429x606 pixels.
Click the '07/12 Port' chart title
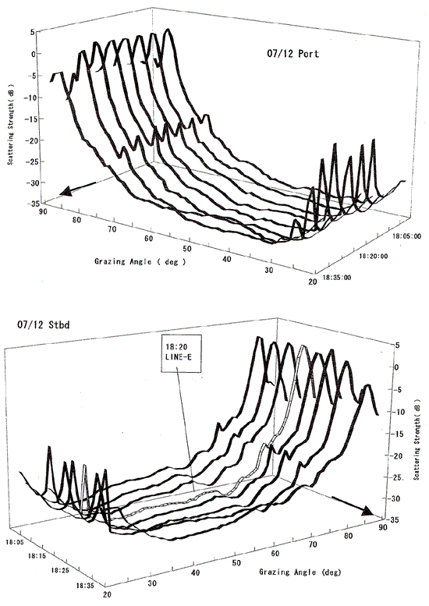pos(293,53)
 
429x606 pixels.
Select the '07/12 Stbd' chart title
pos(43,324)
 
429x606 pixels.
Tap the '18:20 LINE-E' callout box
pos(181,353)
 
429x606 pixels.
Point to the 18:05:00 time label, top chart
pos(407,236)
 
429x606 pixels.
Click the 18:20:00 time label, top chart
pos(374,257)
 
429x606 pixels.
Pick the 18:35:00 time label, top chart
pos(337,277)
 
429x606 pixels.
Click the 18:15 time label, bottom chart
pos(37,556)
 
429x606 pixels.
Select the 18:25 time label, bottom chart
pos(59,570)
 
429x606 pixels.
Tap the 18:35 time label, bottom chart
pos(85,586)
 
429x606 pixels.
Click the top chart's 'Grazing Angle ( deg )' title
pos(140,261)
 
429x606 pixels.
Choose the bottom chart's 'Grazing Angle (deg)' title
pos(300,572)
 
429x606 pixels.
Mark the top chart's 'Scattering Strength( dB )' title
pos(10,124)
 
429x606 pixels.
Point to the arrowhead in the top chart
pos(66,191)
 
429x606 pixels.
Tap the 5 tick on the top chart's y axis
pos(33,32)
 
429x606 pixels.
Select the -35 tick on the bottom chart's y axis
pos(394,519)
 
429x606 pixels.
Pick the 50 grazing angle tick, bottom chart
pos(236,563)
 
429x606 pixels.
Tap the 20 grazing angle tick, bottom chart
pos(108,594)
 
